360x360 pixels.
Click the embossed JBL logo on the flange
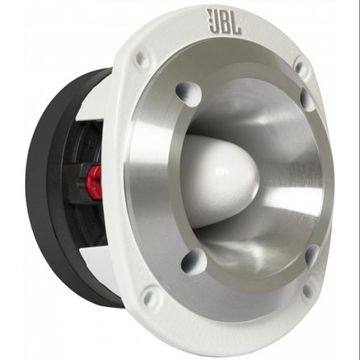point(224,22)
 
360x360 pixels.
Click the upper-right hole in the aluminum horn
point(308,99)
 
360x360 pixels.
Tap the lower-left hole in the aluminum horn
point(194,260)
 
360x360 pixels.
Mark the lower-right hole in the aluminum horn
point(312,255)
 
